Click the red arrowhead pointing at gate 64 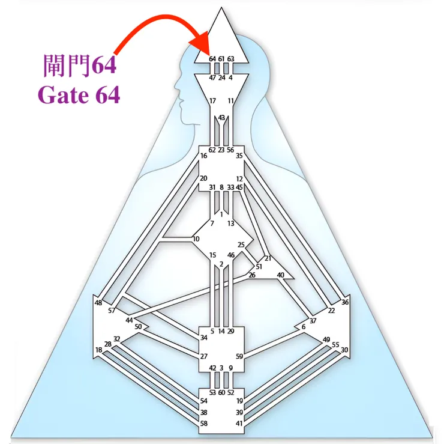coord(200,43)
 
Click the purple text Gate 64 coord(79,95)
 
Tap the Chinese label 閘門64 coord(80,65)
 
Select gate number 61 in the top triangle coord(221,59)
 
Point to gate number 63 coord(231,59)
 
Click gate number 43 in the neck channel coord(221,117)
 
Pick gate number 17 coord(212,101)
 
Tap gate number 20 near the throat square coord(203,178)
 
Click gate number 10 coord(196,239)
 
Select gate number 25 coord(241,245)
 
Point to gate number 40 coord(280,275)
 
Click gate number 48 coord(98,303)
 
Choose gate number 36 coord(344,302)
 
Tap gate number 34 coord(204,338)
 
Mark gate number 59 coord(239,356)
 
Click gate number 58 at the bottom coord(204,424)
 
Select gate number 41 coord(239,424)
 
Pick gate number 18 coord(98,350)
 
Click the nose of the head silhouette coord(176,85)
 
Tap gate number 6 coord(304,327)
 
